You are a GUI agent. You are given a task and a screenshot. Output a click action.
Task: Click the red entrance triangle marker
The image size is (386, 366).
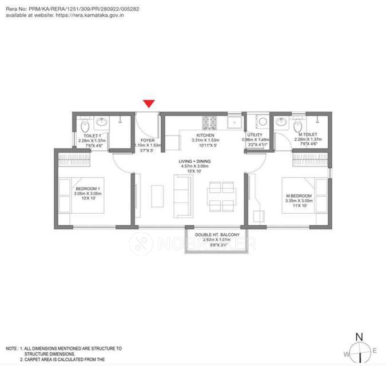pyautogui.click(x=149, y=104)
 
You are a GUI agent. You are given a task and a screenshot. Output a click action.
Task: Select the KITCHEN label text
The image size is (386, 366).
pyautogui.click(x=206, y=136)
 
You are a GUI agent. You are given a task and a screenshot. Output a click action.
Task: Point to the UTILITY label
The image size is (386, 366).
pyautogui.click(x=254, y=136)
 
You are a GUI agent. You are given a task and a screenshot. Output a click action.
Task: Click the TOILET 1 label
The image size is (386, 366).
pyautogui.click(x=92, y=136)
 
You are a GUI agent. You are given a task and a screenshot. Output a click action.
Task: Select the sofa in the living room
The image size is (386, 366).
pyautogui.click(x=182, y=195)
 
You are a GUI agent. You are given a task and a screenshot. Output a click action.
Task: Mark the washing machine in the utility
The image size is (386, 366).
pyautogui.click(x=262, y=122)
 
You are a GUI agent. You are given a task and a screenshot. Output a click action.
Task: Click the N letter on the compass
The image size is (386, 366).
pyautogui.click(x=359, y=337)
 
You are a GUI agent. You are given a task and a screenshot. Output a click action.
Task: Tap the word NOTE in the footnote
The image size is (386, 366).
pyautogui.click(x=11, y=348)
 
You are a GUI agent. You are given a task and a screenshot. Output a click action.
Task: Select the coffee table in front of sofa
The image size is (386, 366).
pyautogui.click(x=157, y=195)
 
